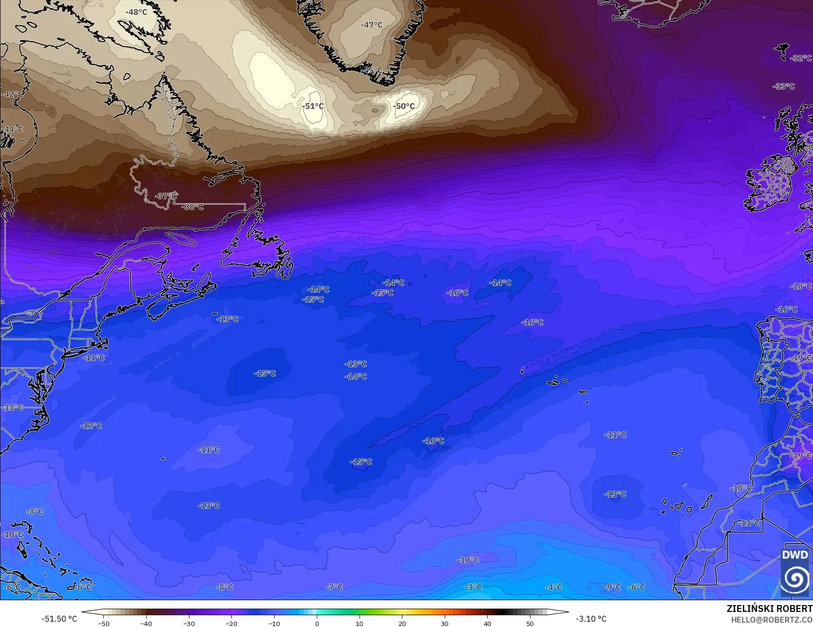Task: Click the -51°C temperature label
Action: (x=313, y=106)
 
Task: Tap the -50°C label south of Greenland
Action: (x=404, y=106)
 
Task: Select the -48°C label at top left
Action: (x=136, y=12)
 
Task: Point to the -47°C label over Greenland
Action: (x=372, y=25)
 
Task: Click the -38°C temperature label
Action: (x=192, y=207)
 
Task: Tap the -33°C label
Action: (x=784, y=86)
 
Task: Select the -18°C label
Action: (x=800, y=286)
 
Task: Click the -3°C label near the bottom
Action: (x=473, y=588)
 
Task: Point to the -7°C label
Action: (x=335, y=588)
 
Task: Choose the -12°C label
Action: (x=91, y=426)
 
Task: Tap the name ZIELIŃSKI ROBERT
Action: (x=769, y=608)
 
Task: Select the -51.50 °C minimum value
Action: (x=59, y=619)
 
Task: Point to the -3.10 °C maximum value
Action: (x=591, y=619)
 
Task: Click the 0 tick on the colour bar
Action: (x=317, y=623)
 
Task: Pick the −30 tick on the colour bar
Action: (x=189, y=623)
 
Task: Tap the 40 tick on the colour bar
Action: (x=488, y=623)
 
